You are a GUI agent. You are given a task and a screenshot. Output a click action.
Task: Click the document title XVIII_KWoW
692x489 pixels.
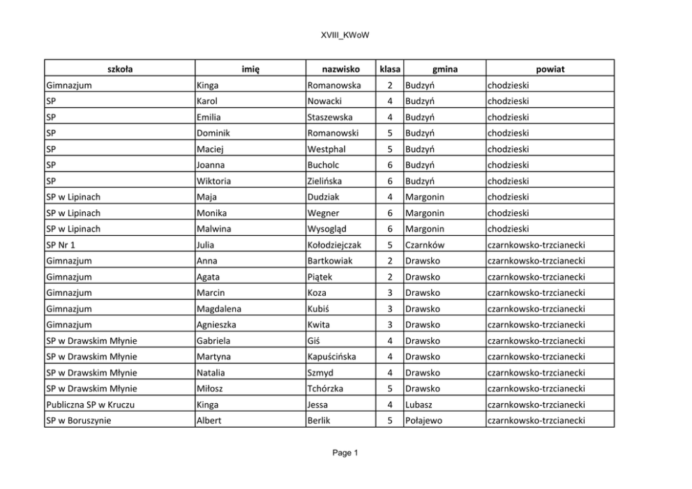click(x=345, y=35)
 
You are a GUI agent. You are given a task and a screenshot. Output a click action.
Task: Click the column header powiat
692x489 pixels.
click(x=550, y=69)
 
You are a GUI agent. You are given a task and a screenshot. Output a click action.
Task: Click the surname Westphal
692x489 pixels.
click(x=326, y=149)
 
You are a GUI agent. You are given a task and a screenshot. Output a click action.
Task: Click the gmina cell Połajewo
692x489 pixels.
click(x=423, y=421)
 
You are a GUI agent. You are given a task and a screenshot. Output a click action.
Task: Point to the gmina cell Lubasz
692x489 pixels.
click(x=421, y=405)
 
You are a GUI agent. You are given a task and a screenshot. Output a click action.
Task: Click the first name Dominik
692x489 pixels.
click(x=214, y=133)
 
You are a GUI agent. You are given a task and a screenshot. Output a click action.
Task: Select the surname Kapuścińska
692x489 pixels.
click(x=331, y=356)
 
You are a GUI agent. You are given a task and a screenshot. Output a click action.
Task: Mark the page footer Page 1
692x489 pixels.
click(x=345, y=453)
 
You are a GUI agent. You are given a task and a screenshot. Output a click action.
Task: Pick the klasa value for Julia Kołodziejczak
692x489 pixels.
click(x=390, y=245)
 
